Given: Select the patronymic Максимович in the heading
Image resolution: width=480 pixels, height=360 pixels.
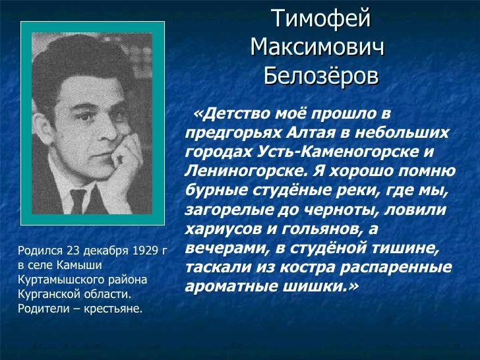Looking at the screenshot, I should (317, 47).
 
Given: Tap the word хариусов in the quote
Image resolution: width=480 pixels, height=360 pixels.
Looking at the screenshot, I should (217, 230).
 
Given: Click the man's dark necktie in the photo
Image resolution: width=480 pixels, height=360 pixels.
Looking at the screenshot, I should (78, 200).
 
